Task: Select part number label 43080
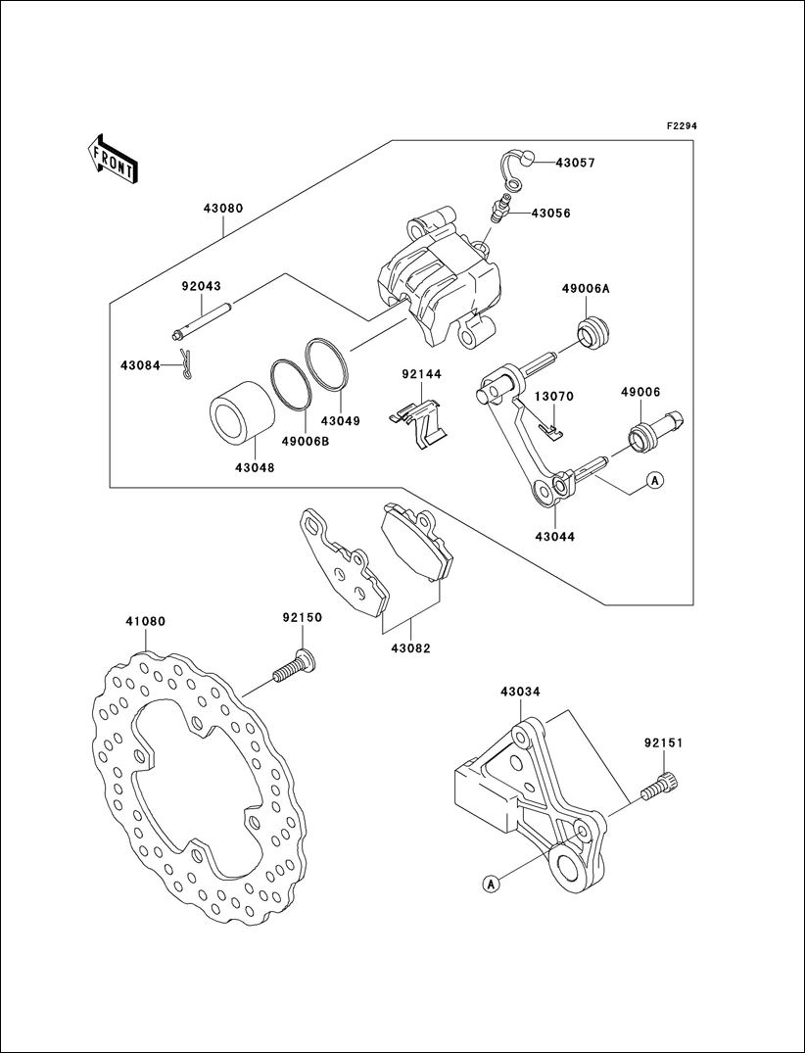223,209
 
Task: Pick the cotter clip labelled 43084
186,366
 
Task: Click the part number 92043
201,286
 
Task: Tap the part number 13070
553,397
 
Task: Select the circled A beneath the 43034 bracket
492,884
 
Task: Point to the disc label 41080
145,621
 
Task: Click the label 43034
520,692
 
